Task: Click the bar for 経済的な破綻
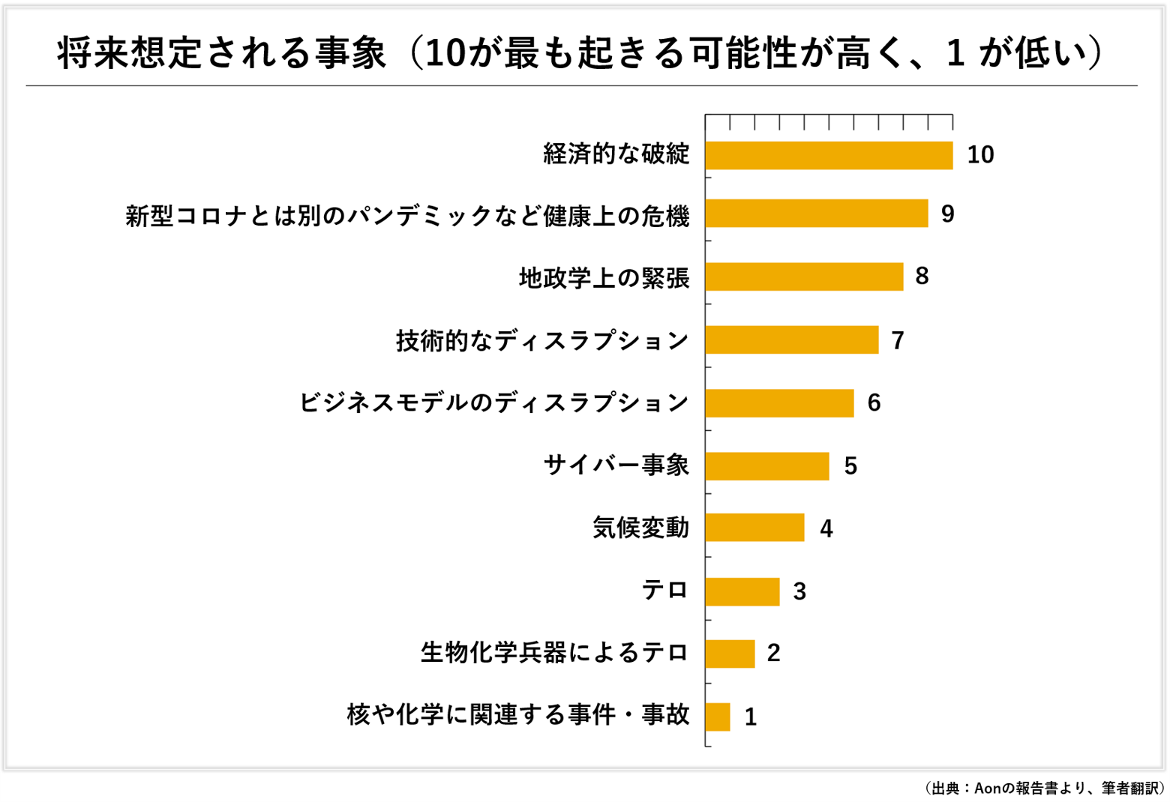(829, 155)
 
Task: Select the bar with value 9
(816, 214)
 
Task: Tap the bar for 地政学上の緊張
(804, 277)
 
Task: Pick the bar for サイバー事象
(766, 466)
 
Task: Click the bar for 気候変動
(754, 528)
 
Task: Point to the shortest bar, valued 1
(718, 717)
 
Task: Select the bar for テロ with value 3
(742, 591)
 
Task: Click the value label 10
(980, 155)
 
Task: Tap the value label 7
(898, 341)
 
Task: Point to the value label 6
(874, 403)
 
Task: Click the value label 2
(774, 653)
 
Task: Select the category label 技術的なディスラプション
(542, 341)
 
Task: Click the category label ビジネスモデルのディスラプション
(493, 403)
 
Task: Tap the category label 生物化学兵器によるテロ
(554, 653)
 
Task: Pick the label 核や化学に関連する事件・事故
(518, 715)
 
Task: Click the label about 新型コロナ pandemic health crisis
(407, 216)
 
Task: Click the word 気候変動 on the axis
(640, 528)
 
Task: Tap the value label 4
(826, 529)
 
